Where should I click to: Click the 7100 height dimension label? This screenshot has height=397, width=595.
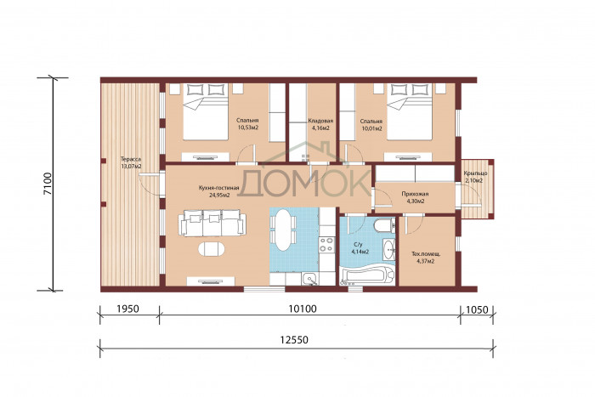[48, 184]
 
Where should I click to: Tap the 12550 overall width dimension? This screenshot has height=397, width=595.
[294, 340]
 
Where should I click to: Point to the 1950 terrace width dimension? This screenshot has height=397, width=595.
[127, 309]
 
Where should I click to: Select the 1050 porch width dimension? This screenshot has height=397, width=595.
[477, 309]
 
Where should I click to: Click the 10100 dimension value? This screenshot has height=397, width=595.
[303, 309]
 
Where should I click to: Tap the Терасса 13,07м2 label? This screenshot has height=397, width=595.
[131, 163]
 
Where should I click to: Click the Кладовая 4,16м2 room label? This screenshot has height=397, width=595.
[320, 124]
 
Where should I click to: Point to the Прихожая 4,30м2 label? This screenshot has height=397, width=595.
[415, 197]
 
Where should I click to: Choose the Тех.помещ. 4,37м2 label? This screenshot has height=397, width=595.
[426, 258]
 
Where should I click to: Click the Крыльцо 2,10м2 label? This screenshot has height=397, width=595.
[475, 177]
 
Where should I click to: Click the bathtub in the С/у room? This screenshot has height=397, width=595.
[367, 276]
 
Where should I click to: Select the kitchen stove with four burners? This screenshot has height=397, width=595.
[326, 245]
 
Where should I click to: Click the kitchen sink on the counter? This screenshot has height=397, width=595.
[311, 279]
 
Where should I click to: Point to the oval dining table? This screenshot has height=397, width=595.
[283, 230]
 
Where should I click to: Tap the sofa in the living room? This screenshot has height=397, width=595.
[212, 223]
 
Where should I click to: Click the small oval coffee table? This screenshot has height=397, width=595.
[211, 249]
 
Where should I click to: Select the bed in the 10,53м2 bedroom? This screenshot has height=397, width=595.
[206, 111]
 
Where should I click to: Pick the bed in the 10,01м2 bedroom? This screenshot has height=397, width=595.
[410, 111]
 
